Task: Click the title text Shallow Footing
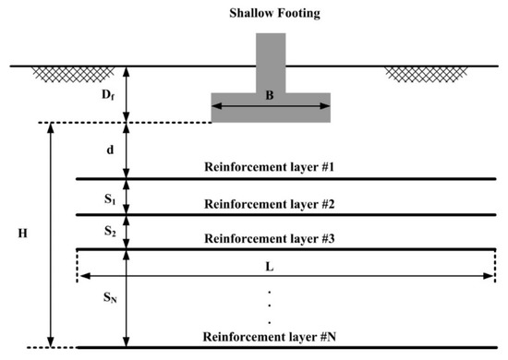coord(271,14)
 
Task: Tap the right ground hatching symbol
coord(413,72)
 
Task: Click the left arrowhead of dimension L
coord(81,276)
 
